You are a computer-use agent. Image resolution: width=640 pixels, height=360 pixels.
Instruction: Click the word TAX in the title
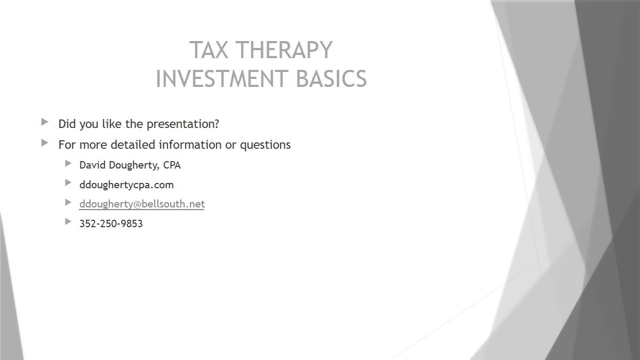209,50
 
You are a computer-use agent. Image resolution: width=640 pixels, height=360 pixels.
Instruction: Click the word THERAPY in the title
284,50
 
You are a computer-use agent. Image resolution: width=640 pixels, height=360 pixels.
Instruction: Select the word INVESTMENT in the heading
222,78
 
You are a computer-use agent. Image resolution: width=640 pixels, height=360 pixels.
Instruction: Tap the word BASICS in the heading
331,78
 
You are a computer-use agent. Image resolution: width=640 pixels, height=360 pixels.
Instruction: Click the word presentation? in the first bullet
183,124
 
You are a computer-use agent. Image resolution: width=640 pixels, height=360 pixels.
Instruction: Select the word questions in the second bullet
265,145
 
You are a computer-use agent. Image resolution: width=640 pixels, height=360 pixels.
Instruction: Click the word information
190,145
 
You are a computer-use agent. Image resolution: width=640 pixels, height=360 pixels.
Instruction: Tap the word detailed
133,145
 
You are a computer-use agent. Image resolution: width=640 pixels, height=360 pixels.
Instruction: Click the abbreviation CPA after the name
172,165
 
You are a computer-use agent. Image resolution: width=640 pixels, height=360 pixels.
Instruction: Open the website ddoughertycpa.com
126,185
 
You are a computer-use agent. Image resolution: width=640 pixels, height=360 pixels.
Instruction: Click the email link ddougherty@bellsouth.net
142,204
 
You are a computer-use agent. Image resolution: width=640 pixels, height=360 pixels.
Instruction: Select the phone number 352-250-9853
111,223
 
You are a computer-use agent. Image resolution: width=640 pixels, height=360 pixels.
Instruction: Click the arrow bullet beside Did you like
45,122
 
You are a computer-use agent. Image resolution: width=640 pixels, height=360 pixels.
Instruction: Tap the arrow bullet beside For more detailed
45,143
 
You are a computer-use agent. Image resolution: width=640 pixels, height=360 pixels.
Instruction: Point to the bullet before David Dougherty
68,163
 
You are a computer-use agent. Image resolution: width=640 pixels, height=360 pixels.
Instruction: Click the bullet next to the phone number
68,221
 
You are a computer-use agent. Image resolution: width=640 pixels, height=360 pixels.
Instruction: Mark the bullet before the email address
68,202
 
